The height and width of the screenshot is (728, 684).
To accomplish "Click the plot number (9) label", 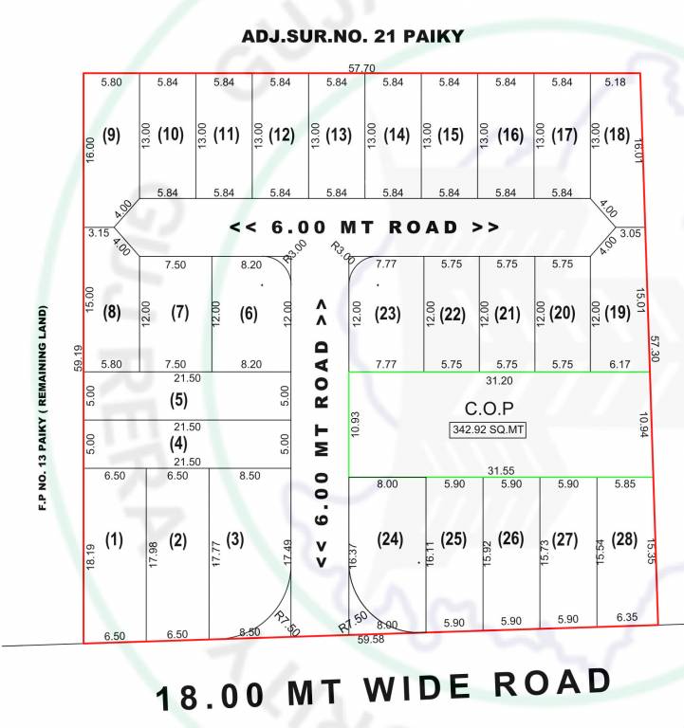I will (x=112, y=135).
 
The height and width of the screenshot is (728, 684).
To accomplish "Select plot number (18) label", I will (x=616, y=134).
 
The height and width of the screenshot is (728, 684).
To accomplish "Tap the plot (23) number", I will (x=388, y=313).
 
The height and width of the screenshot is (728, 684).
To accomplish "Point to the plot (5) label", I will (x=178, y=400).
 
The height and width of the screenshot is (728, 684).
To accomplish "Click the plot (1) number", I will (x=114, y=540).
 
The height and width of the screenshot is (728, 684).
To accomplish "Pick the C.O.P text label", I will (x=489, y=409).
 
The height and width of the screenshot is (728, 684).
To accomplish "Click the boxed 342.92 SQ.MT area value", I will (x=488, y=429).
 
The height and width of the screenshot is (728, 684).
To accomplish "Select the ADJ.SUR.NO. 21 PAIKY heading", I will (x=353, y=36).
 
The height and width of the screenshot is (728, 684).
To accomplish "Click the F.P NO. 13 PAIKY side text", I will (x=44, y=408).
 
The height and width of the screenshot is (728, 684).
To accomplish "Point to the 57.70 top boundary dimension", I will (x=361, y=68).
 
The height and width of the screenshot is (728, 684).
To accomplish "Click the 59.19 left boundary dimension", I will (x=77, y=357).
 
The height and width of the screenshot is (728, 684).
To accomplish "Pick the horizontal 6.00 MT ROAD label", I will (x=365, y=227).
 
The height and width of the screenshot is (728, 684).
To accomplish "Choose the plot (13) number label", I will (x=338, y=135).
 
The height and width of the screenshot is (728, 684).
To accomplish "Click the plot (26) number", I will (x=510, y=539).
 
